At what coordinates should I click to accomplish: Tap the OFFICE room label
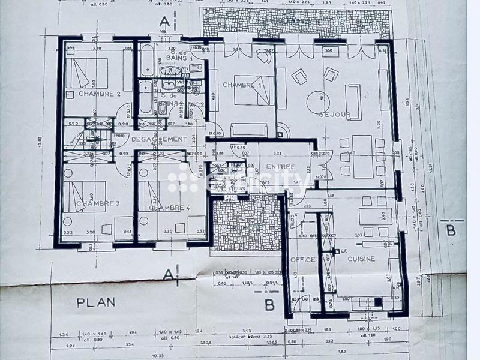[x=302, y=259]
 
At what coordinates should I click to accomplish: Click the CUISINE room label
[x=360, y=259]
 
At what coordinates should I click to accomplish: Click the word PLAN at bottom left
[x=96, y=301]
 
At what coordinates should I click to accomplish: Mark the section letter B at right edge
[x=451, y=228]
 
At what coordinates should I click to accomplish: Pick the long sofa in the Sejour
[x=353, y=101]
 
